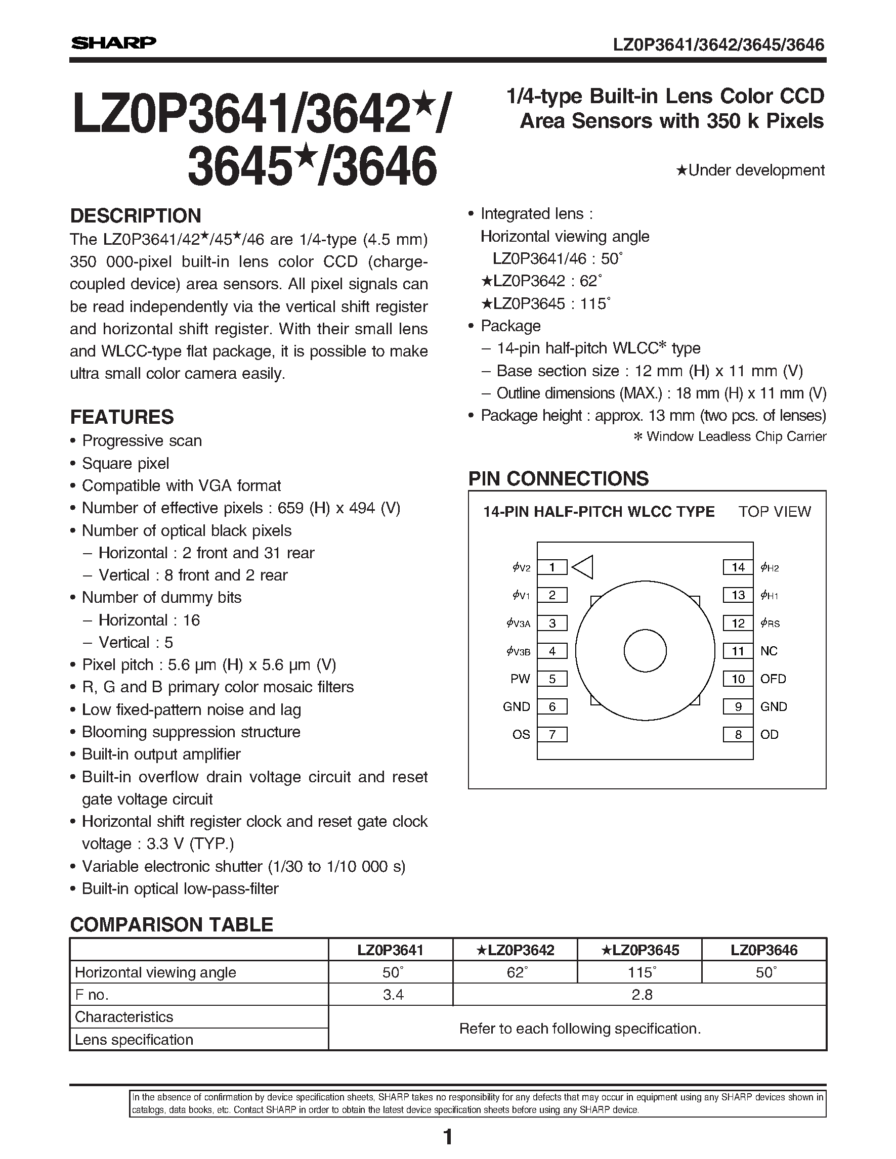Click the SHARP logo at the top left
pyautogui.click(x=114, y=43)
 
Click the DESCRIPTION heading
pyautogui.click(x=136, y=216)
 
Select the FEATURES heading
pyautogui.click(x=122, y=417)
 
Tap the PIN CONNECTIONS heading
pyautogui.click(x=559, y=479)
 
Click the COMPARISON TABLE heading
pyautogui.click(x=172, y=924)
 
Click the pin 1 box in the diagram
pyautogui.click(x=552, y=567)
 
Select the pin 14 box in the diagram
pyautogui.click(x=738, y=567)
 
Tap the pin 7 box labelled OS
pyautogui.click(x=552, y=734)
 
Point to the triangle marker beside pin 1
pyautogui.click(x=583, y=567)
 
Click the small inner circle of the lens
pyautogui.click(x=645, y=651)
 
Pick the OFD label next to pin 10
pyautogui.click(x=773, y=679)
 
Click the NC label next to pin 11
pyautogui.click(x=769, y=651)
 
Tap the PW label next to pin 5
pyautogui.click(x=520, y=679)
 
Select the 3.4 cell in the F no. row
pyautogui.click(x=393, y=995)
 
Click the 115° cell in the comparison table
pyautogui.click(x=640, y=972)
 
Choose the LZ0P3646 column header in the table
pyautogui.click(x=764, y=950)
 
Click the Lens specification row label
pyautogui.click(x=134, y=1039)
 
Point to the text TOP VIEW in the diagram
pyautogui.click(x=775, y=512)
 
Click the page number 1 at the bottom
pyautogui.click(x=447, y=1137)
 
